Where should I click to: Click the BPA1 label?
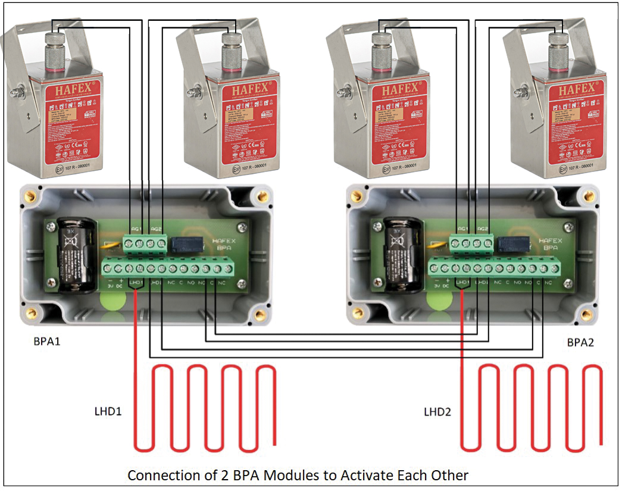click(x=48, y=342)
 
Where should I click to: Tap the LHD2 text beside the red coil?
click(x=438, y=411)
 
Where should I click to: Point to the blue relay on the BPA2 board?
click(x=511, y=244)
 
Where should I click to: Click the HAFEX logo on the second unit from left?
click(x=248, y=90)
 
